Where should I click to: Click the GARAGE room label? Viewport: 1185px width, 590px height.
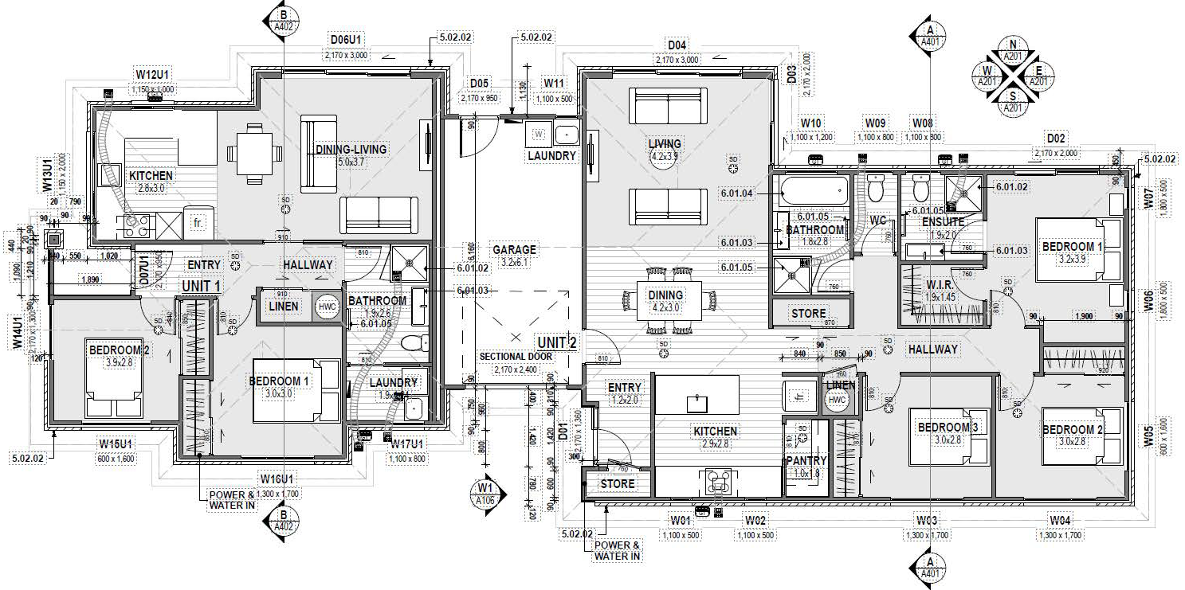(x=514, y=250)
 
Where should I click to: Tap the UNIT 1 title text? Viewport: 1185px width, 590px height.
(x=202, y=285)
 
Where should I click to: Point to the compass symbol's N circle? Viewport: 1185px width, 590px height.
(x=1013, y=45)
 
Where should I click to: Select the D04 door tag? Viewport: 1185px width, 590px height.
(x=677, y=45)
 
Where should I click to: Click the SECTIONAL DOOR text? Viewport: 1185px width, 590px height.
(x=516, y=356)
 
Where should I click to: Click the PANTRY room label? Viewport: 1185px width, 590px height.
(x=806, y=460)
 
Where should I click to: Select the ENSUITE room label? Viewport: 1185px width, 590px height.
(x=944, y=222)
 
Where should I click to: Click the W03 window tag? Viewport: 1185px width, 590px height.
(x=926, y=521)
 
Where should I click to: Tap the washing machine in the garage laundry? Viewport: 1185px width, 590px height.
(x=538, y=134)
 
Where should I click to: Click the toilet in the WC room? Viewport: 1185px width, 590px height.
(x=875, y=189)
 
